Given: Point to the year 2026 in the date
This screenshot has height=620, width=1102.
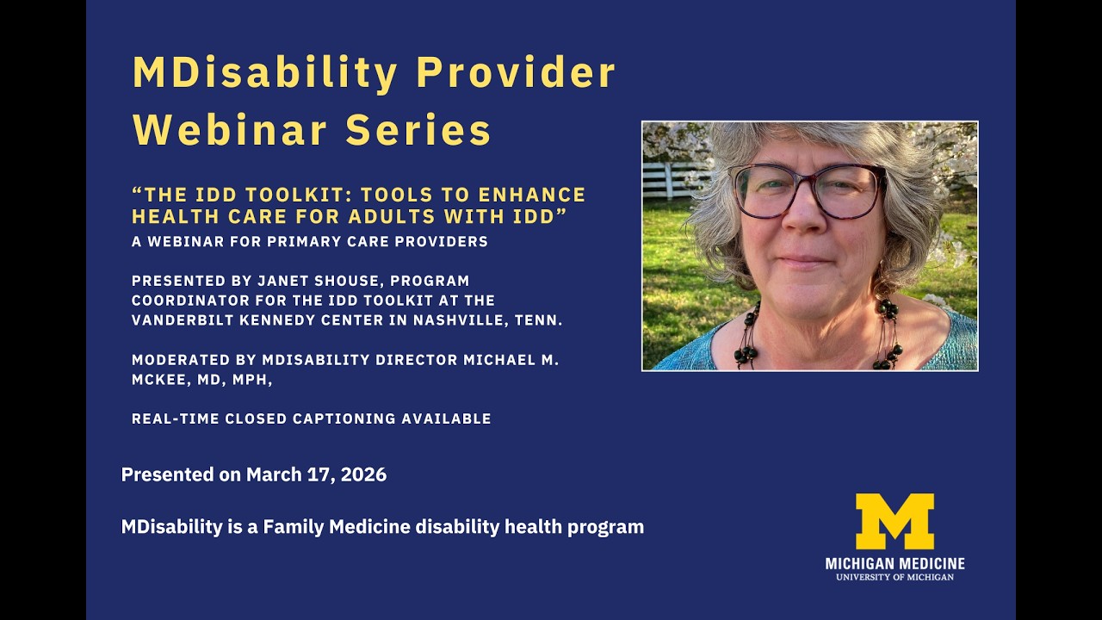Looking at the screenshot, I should [364, 474].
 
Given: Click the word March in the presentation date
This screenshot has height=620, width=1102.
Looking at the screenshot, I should [271, 474].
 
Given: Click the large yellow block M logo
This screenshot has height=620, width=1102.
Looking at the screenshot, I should [895, 521].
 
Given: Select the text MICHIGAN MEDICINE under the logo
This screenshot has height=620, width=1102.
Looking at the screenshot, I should [895, 564].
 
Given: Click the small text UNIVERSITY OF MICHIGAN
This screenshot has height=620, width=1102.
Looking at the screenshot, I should [895, 577].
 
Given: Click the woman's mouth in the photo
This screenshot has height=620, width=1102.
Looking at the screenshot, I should [803, 259].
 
